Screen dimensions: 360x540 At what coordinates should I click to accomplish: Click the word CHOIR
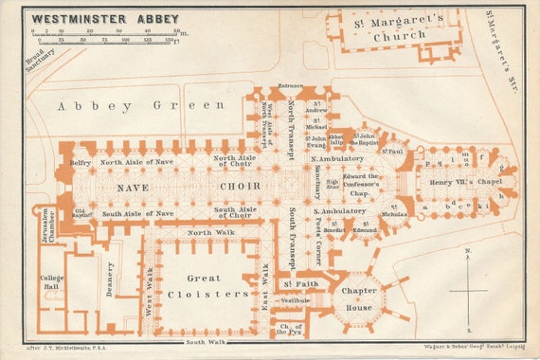240,186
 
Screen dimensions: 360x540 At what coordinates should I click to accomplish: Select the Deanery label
112,279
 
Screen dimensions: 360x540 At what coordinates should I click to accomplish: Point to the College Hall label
52,283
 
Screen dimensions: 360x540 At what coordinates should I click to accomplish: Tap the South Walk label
205,341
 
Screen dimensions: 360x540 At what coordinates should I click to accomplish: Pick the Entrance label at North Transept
290,86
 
